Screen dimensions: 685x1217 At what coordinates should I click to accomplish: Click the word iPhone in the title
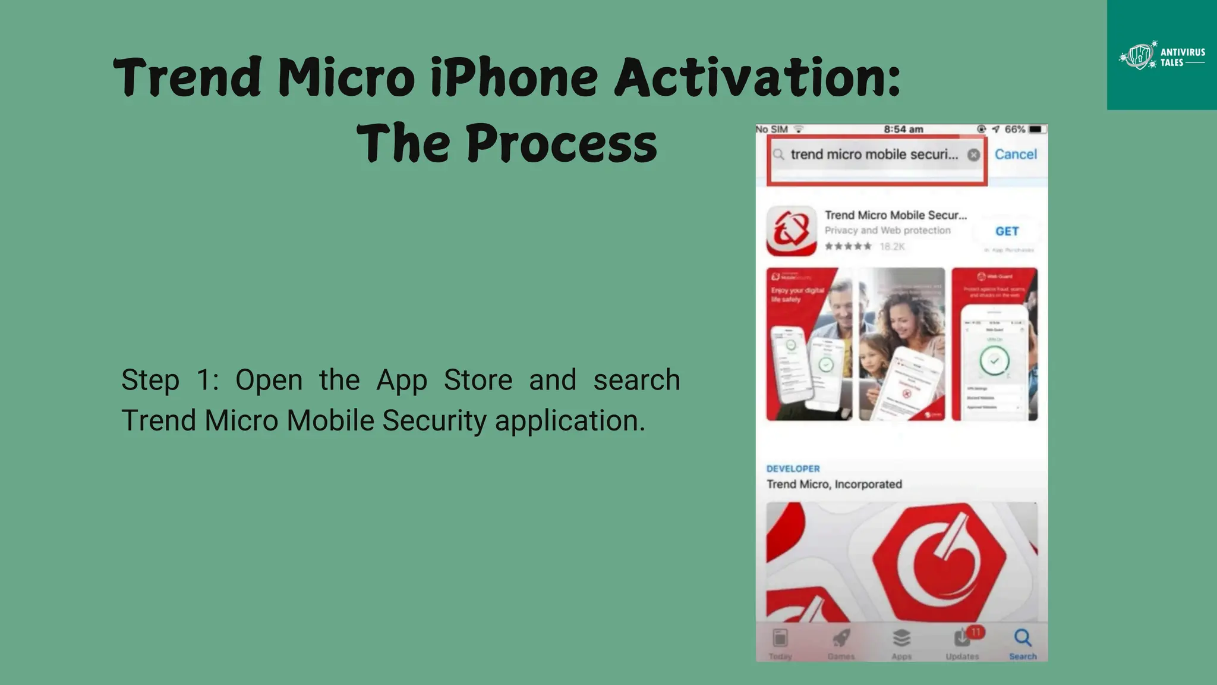point(514,78)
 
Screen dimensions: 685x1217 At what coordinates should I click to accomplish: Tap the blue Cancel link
point(1016,155)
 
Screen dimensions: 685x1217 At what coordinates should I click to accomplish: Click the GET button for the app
point(1007,231)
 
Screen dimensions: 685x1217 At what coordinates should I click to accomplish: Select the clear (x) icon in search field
point(973,155)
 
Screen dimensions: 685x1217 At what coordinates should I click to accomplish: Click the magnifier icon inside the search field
point(778,155)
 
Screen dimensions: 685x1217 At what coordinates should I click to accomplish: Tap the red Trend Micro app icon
point(792,231)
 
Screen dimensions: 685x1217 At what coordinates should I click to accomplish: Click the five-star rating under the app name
point(848,246)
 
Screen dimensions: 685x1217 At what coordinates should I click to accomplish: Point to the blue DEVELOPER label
point(793,469)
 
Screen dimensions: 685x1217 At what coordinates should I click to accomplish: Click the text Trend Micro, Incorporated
point(834,484)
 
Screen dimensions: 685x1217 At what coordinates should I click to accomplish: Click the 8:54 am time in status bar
point(903,129)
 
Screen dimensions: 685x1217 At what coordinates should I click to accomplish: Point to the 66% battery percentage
point(1015,129)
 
